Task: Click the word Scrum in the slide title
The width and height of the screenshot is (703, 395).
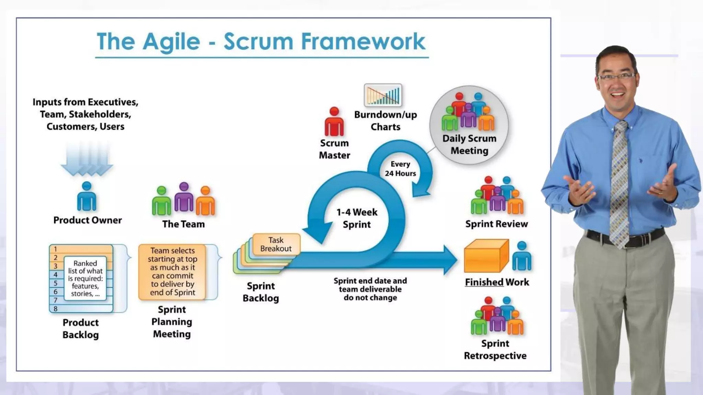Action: click(259, 42)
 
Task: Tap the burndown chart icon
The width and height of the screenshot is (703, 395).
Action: click(383, 95)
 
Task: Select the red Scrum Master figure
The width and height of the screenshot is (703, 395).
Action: click(334, 122)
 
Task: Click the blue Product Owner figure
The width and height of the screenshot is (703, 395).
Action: click(87, 197)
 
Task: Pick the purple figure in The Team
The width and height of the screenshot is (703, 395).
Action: click(184, 198)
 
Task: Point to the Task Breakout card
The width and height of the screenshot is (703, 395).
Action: click(276, 244)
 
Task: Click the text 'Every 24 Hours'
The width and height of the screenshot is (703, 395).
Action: click(400, 169)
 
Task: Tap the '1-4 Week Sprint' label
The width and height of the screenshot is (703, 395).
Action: click(357, 218)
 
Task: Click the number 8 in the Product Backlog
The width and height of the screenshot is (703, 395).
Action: click(55, 309)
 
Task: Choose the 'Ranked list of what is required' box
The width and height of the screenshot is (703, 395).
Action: click(85, 278)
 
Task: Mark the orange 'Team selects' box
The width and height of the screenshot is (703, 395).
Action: click(172, 272)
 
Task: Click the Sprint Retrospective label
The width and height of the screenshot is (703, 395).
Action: click(495, 350)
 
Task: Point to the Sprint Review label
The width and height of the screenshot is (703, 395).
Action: click(496, 224)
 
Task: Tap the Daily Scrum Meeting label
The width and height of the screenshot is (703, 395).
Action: click(469, 144)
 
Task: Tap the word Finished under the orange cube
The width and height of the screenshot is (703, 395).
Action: click(484, 282)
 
